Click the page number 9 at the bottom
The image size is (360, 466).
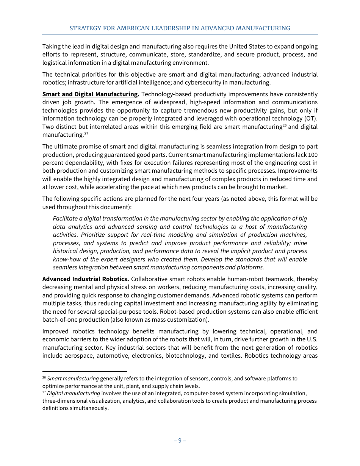click(180, 440)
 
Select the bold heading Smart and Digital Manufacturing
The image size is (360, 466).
click(90, 94)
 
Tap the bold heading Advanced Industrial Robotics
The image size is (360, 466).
click(86, 279)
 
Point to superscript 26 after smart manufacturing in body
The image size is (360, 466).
click(285, 125)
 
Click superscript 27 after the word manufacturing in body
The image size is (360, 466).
click(86, 133)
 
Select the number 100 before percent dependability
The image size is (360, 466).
click(313, 155)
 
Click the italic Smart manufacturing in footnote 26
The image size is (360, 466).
click(73, 378)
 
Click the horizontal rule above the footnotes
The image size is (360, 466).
click(85, 372)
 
